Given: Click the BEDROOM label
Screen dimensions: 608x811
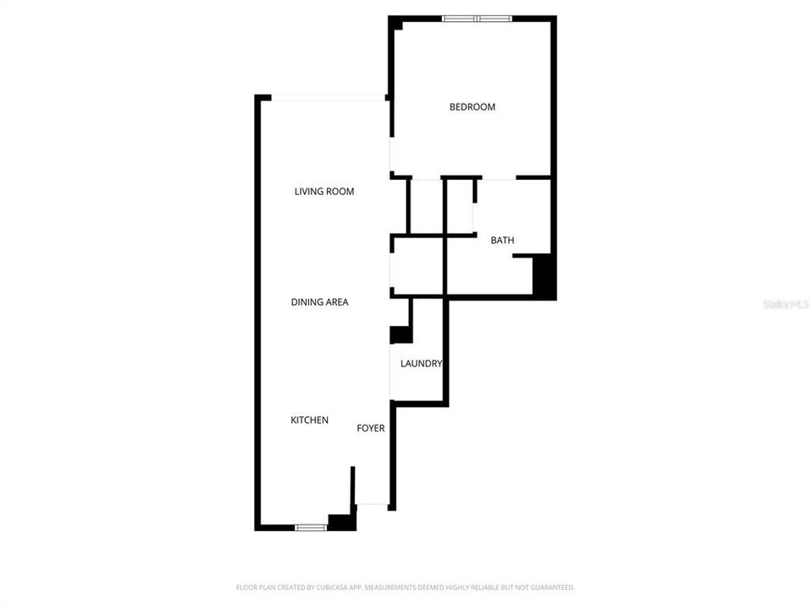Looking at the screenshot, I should (472, 107).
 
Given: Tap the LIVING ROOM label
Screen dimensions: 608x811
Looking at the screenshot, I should (324, 192).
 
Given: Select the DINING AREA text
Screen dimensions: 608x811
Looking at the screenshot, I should (319, 302).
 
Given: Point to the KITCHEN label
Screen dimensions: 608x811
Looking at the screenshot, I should (309, 421).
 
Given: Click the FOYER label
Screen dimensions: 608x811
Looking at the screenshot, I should (371, 428).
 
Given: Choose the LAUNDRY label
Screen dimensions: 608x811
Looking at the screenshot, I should (421, 364).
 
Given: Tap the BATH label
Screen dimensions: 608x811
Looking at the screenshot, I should (503, 241).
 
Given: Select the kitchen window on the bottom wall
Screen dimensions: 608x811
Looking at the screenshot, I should (311, 528).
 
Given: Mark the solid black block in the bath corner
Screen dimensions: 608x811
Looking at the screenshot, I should (545, 275).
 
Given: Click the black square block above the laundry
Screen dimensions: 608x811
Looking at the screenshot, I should (400, 334).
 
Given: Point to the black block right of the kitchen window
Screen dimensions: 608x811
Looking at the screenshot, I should (341, 523).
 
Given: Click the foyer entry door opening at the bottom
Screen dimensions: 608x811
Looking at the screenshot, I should (372, 505).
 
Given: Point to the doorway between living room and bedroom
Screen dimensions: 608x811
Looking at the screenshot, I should (390, 155).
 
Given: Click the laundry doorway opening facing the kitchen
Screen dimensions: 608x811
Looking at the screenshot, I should (390, 372).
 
